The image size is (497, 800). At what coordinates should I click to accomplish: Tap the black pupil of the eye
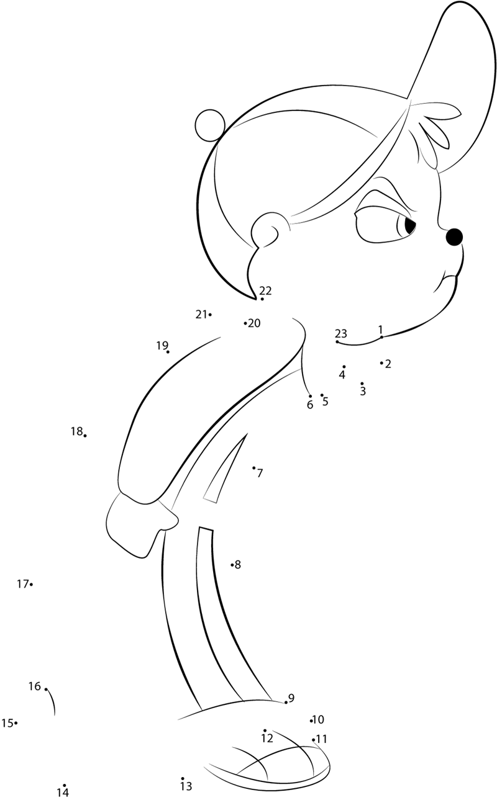click(x=410, y=225)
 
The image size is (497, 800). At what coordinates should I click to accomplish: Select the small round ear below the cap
click(x=265, y=230)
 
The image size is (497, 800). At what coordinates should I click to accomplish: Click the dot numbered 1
click(x=381, y=337)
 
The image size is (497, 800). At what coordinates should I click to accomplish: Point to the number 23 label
click(x=340, y=333)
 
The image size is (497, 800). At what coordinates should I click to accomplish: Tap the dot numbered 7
click(x=254, y=467)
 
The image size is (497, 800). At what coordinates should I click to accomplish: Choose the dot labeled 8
click(x=232, y=565)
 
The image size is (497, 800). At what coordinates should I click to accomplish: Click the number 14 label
click(x=63, y=793)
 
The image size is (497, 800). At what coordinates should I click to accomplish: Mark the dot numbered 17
click(x=32, y=584)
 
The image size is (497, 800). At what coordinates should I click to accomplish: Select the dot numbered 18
click(x=85, y=435)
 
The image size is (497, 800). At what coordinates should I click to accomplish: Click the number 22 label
click(x=265, y=290)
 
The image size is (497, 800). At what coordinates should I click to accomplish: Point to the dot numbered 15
click(x=16, y=730)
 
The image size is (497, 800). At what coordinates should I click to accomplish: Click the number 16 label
click(x=35, y=686)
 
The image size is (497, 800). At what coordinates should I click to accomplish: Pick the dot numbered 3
click(x=362, y=383)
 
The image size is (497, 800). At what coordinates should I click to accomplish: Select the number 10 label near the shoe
click(x=318, y=719)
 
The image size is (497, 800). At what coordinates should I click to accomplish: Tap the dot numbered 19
click(x=168, y=352)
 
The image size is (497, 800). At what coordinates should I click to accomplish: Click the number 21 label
click(x=201, y=314)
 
